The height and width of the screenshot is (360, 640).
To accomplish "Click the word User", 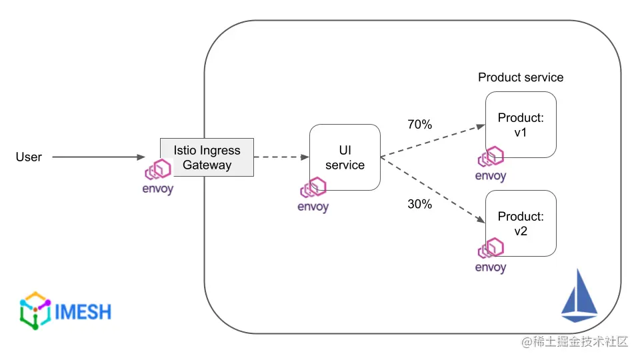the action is pyautogui.click(x=29, y=157).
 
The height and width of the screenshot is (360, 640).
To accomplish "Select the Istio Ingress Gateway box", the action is pyautogui.click(x=207, y=157).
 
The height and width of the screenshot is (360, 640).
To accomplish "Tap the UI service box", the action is pyautogui.click(x=345, y=157).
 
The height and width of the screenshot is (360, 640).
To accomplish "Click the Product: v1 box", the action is pyautogui.click(x=521, y=125).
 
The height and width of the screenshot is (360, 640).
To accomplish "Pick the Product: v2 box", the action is pyautogui.click(x=521, y=223).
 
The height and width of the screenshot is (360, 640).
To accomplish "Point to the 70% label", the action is pyautogui.click(x=419, y=124).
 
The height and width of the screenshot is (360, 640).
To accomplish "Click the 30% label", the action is pyautogui.click(x=419, y=204).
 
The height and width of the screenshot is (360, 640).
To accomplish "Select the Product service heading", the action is pyautogui.click(x=521, y=77).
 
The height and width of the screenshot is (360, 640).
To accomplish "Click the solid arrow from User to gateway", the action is pyautogui.click(x=99, y=157).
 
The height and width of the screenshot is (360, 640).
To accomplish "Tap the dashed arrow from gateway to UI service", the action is pyautogui.click(x=281, y=157).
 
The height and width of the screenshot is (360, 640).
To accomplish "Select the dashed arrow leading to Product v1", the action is pyautogui.click(x=433, y=141).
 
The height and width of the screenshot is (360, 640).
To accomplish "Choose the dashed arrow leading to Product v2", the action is pyautogui.click(x=433, y=190).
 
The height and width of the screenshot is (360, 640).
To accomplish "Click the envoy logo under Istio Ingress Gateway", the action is pyautogui.click(x=158, y=177).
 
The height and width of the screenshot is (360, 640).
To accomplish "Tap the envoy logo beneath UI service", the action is pyautogui.click(x=313, y=195).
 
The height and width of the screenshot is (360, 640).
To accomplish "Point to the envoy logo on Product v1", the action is pyautogui.click(x=491, y=164).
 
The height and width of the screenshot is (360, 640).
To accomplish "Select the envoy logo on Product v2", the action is pyautogui.click(x=491, y=255).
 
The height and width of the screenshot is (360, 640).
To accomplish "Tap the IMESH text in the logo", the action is pyautogui.click(x=83, y=312).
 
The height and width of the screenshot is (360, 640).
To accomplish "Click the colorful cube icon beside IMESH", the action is pyautogui.click(x=35, y=311).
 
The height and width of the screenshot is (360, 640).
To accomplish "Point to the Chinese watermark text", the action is pyautogui.click(x=575, y=341).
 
